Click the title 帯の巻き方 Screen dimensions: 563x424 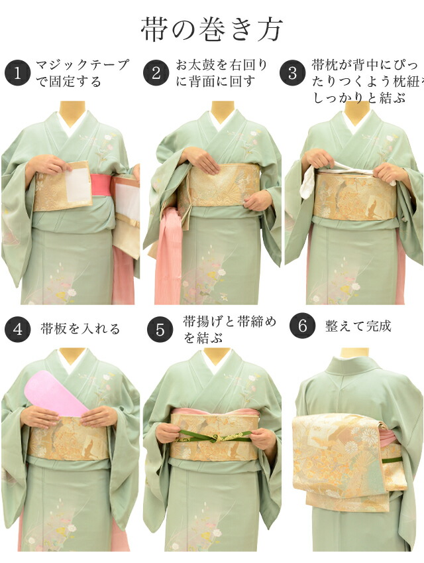(x=212, y=29)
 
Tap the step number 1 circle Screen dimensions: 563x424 (x=18, y=73)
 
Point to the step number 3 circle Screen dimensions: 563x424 (x=292, y=73)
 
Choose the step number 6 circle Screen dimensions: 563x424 (x=303, y=326)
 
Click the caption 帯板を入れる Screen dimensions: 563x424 (x=80, y=329)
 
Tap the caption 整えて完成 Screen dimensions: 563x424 (x=358, y=326)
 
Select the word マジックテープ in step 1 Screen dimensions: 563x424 (x=82, y=65)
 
